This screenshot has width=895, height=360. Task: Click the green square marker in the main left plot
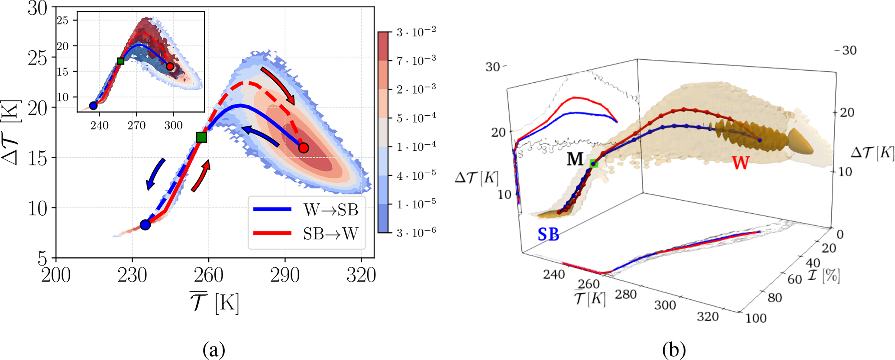pos(201,137)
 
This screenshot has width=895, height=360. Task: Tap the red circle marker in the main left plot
pos(304,148)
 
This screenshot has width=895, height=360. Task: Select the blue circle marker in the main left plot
pos(145,225)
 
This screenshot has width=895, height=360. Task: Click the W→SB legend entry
pos(307,210)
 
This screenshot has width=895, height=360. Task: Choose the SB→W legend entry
pos(307,234)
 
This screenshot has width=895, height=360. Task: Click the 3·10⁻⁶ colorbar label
pos(416,232)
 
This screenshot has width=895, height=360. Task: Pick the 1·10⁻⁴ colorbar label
pos(416,147)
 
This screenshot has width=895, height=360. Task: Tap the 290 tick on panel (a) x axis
pos(285,275)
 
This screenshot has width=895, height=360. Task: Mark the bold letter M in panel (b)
pos(575,159)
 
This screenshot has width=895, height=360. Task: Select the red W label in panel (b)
pos(740,163)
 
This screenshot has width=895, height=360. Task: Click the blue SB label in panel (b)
pos(548,234)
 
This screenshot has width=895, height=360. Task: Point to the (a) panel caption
pos(213,349)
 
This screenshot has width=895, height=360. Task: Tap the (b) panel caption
pos(674,349)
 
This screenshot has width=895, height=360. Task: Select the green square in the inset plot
pos(121,61)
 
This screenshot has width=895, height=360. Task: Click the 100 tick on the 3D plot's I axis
pos(756,318)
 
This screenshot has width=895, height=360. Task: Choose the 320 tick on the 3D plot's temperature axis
pos(708,317)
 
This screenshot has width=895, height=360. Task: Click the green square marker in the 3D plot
pos(594,163)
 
